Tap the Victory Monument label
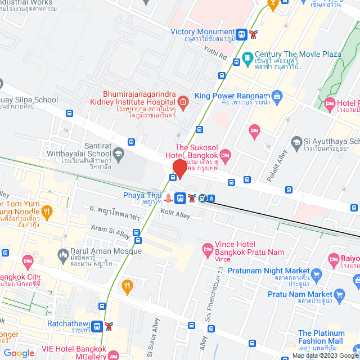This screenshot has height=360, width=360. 202,32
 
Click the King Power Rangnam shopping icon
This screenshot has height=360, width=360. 276,96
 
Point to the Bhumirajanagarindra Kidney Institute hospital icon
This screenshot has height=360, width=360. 182,102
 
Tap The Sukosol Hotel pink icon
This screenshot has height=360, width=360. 226,154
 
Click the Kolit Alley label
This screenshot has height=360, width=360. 175,214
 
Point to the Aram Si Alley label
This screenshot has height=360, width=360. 111,230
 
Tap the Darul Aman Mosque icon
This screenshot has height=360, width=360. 63,255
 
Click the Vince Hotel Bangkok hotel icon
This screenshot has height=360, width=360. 208,248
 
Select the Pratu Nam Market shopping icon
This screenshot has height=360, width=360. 339,294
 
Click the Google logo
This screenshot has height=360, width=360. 19,353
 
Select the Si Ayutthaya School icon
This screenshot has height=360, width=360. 296,141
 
